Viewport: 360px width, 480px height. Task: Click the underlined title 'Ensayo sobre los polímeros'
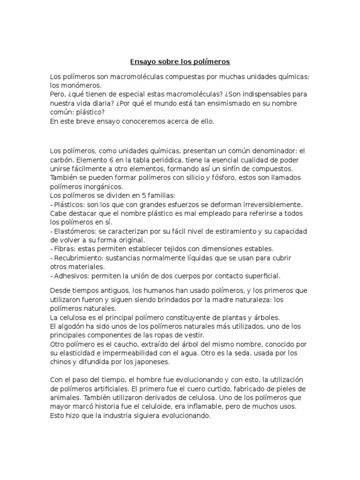pyautogui.click(x=180, y=62)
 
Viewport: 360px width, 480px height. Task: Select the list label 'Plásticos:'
pyautogui.click(x=69, y=204)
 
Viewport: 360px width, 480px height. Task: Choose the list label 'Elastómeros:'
pyautogui.click(x=75, y=231)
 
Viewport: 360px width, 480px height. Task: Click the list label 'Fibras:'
pyautogui.click(x=64, y=248)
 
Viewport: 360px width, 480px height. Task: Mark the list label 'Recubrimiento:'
pyautogui.click(x=79, y=257)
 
